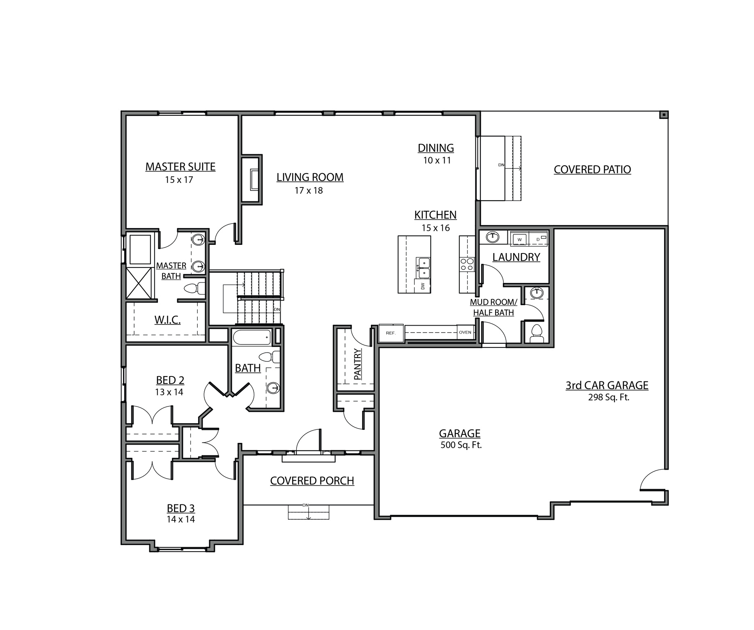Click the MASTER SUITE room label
point(180,167)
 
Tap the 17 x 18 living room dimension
point(308,190)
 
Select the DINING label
point(436,148)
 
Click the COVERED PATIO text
point(592,169)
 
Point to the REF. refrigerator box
point(391,333)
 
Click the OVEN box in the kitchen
point(465,332)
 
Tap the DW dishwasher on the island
point(423,286)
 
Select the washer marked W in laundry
point(519,239)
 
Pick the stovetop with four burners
point(467,264)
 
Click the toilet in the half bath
point(536,332)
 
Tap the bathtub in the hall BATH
point(252,338)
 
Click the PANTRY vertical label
point(357,364)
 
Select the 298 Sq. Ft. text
point(608,397)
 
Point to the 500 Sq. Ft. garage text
point(461,445)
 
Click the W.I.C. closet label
point(167,320)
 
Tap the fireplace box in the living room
point(254,179)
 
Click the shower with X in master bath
point(140,283)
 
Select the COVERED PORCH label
point(312,481)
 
